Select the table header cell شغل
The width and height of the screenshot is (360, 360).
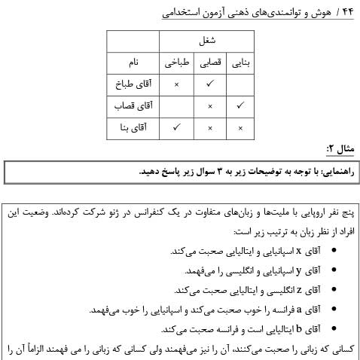coord(208,41)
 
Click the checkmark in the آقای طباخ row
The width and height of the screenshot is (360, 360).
coord(209,84)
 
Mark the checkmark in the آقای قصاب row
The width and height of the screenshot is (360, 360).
coord(239,106)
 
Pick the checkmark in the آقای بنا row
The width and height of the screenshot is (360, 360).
coord(175,128)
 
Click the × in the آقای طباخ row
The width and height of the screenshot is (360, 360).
coord(175,84)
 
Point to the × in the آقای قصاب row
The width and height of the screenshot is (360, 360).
coord(209,106)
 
